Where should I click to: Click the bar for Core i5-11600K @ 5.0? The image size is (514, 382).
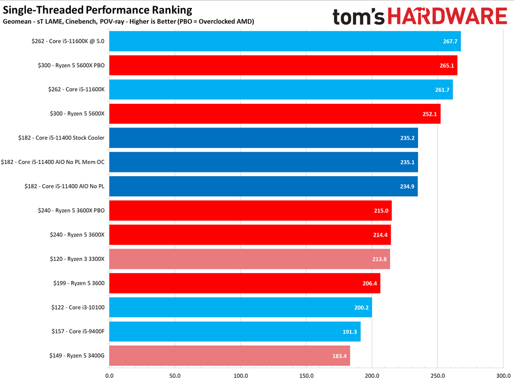click(285, 41)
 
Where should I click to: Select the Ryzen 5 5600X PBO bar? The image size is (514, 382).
click(283, 66)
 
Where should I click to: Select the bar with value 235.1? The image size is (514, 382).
click(263, 162)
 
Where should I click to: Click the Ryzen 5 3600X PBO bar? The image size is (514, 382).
click(250, 211)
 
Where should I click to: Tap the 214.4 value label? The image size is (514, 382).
click(380, 235)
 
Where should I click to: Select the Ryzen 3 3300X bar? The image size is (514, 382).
click(249, 259)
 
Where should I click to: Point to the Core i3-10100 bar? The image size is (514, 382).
click(240, 307)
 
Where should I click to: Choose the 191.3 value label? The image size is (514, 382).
click(350, 332)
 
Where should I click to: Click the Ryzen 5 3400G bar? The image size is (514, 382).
click(229, 356)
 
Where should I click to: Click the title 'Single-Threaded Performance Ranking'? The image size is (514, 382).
click(98, 10)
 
